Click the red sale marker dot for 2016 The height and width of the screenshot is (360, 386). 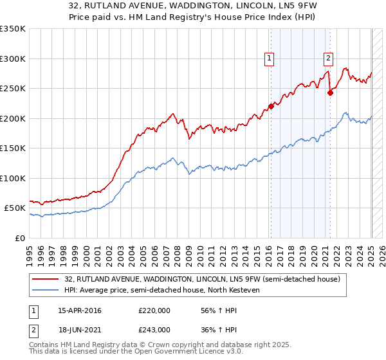[x=271, y=107]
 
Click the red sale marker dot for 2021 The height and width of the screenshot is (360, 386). [x=330, y=93]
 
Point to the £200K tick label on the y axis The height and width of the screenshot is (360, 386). [x=13, y=118]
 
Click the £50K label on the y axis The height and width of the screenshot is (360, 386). [x=15, y=208]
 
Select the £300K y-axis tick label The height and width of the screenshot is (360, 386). [x=13, y=59]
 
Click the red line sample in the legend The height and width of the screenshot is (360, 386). [x=45, y=278]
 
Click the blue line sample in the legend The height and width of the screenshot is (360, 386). [x=45, y=290]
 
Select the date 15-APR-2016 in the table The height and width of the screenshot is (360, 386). [x=79, y=310]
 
